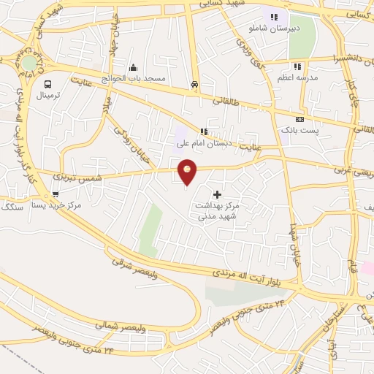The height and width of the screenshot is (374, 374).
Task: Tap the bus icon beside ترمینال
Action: (48, 84)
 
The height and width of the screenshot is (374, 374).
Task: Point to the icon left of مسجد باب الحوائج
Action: (133, 68)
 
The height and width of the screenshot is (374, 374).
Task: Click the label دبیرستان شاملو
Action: (275, 28)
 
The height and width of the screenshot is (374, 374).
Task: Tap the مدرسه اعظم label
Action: (297, 77)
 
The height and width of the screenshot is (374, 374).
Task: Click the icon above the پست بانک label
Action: (299, 119)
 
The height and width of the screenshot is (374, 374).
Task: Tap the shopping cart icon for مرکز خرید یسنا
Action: (56, 194)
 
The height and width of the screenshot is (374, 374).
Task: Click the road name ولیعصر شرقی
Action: (135, 267)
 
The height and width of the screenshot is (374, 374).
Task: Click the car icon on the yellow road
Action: (194, 84)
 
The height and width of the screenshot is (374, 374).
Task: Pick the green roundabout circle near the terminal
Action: (28, 64)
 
